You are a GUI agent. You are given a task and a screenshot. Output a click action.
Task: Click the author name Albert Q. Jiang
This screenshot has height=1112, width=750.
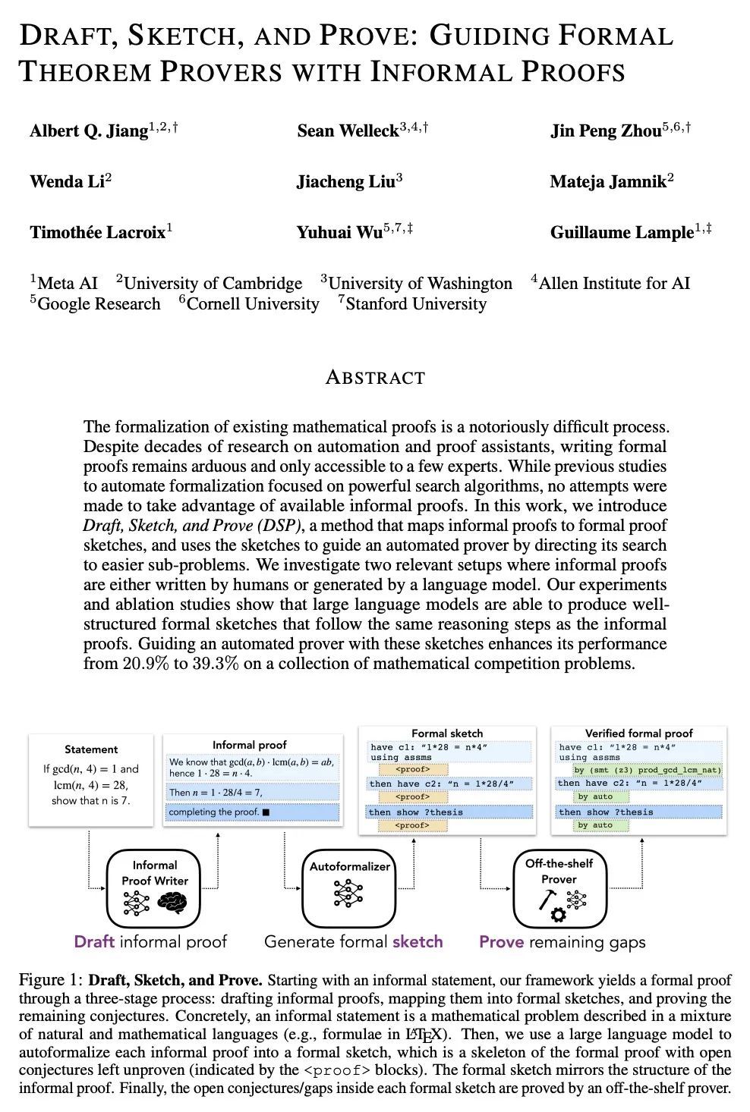click(88, 131)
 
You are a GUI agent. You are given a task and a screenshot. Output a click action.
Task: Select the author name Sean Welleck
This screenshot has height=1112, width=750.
click(348, 131)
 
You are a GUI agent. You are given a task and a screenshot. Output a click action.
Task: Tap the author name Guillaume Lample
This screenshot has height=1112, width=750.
click(622, 233)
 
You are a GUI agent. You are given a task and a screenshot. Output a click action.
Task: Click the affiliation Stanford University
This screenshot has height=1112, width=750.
click(415, 304)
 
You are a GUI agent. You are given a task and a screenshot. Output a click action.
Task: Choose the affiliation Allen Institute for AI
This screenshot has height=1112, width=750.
click(614, 284)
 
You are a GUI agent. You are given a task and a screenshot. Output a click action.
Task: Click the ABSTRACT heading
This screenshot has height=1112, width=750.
click(375, 377)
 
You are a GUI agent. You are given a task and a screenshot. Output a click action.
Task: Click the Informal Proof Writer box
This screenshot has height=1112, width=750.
click(154, 888)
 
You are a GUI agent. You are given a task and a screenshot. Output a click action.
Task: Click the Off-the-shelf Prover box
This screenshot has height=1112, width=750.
click(559, 888)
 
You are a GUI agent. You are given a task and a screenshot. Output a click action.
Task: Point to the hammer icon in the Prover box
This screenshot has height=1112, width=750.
click(546, 899)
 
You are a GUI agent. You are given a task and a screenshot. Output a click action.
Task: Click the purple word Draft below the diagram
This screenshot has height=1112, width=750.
click(94, 942)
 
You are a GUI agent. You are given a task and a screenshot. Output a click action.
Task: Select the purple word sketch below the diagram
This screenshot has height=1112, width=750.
click(418, 942)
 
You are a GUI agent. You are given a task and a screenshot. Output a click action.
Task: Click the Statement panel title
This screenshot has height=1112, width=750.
click(91, 749)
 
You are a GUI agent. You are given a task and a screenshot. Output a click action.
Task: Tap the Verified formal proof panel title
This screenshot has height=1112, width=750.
click(638, 733)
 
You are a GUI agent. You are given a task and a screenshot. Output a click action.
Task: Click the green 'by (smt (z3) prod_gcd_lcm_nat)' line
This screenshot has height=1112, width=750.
click(648, 770)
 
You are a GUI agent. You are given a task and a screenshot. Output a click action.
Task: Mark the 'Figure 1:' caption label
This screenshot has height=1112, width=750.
click(51, 979)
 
